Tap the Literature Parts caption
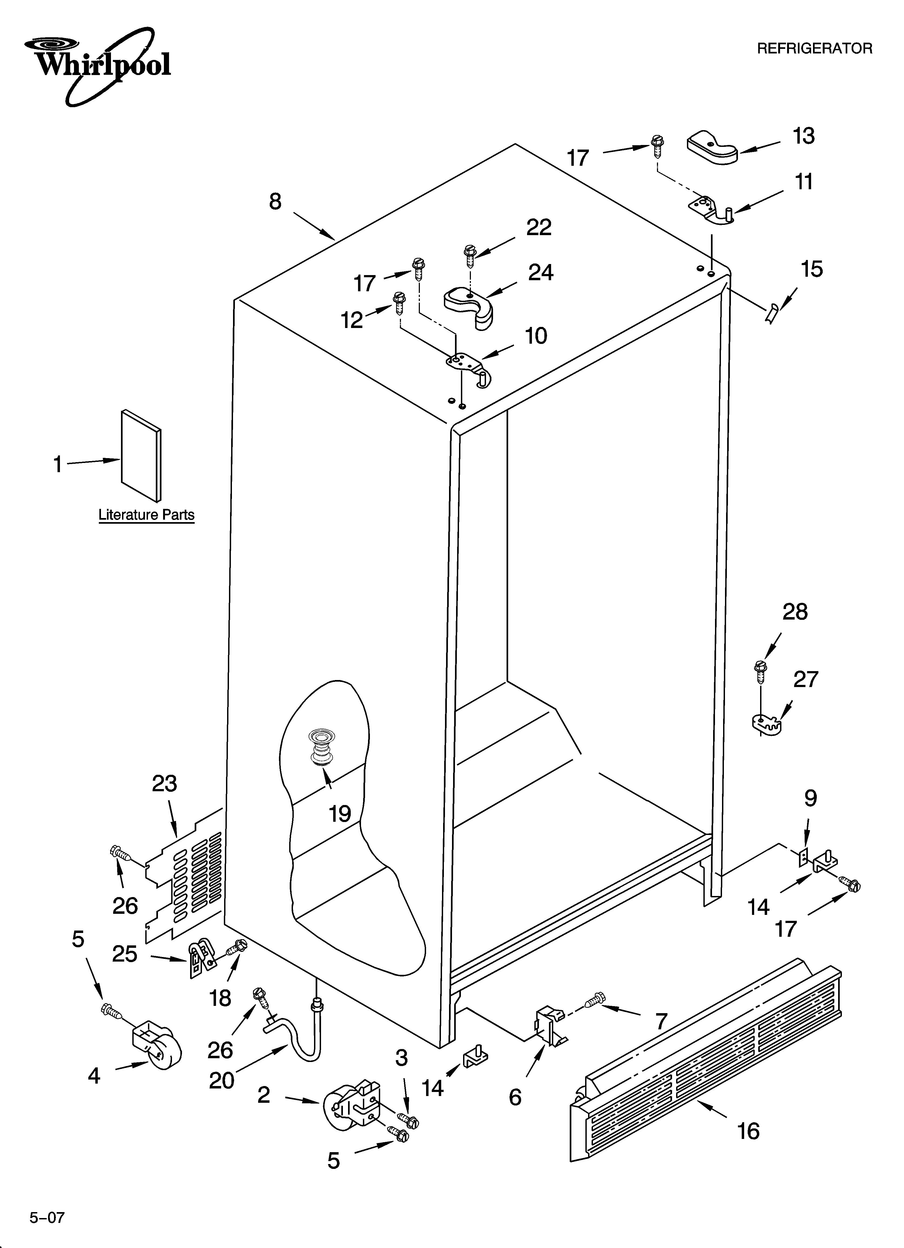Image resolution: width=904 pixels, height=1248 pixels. (146, 515)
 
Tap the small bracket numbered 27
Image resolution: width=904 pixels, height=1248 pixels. (767, 725)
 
